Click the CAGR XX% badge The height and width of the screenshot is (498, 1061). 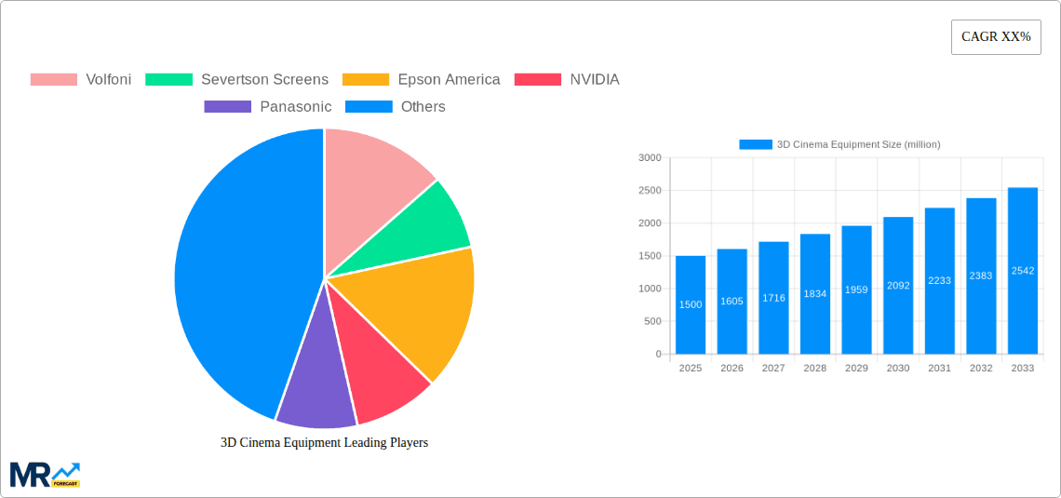coord(995,37)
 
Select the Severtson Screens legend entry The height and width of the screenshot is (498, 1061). coord(237,79)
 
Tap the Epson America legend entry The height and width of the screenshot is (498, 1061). coord(422,79)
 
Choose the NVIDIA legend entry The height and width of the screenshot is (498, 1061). coord(567,79)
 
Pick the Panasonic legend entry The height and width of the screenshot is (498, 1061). coord(268,106)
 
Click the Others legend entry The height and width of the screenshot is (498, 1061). coord(396,106)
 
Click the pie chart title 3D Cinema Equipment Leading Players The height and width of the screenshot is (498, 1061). coord(324,443)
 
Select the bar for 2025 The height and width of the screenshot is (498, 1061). coord(691,305)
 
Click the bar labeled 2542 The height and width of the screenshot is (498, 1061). coord(1022,271)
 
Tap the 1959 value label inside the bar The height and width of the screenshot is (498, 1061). coord(856,289)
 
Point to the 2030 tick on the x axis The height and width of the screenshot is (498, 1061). coord(898,369)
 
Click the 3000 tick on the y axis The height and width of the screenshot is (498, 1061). coord(649,158)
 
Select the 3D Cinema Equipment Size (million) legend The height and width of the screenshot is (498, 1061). coord(839,144)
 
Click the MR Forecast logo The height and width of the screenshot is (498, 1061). coord(45,474)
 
